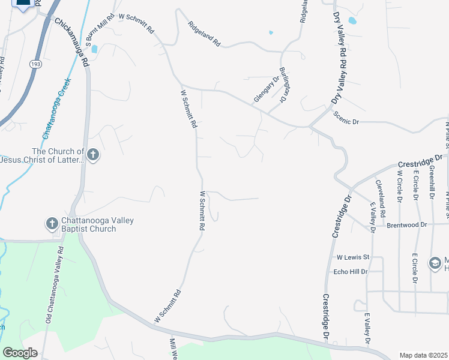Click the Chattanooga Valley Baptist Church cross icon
[x=52, y=224]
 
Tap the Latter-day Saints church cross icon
[x=93, y=155]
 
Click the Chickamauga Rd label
[x=73, y=42]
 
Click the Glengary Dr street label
[x=267, y=89]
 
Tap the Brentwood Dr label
[x=406, y=224]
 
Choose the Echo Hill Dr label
[x=349, y=272]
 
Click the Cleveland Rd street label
[x=380, y=198]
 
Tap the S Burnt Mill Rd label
[x=91, y=31]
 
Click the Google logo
[x=20, y=353]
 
